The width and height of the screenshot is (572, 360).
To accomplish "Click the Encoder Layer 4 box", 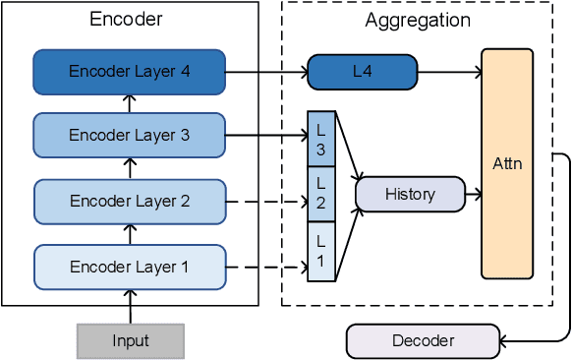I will coord(130,71).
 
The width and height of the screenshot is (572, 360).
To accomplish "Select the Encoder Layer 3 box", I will coord(130,136).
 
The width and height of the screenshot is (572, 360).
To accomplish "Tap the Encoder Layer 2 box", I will coord(130,202).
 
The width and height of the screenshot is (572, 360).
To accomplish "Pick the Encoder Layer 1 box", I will coord(130,266).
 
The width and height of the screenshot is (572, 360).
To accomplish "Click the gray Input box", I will coord(130,340).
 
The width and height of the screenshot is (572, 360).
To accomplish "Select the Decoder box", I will coord(423,340).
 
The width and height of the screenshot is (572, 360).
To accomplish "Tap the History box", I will coord(409,195).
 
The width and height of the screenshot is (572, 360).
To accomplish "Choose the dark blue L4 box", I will coord(362,71).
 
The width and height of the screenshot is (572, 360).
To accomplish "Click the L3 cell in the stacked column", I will coord(321,139).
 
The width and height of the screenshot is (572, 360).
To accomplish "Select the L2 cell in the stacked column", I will coord(321,194).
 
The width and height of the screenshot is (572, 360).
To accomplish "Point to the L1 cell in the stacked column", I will coord(321,252).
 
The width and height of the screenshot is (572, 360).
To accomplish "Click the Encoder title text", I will coord(126,20).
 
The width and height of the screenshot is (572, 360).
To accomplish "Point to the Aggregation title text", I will coord(417,20).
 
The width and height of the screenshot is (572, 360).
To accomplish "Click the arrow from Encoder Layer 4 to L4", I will coord(266,71).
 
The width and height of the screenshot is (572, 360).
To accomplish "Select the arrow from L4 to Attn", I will coord(449,71).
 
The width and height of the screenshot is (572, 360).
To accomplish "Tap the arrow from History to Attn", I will coord(473,195).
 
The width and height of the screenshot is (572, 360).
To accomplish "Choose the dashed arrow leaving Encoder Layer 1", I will coord(266,267).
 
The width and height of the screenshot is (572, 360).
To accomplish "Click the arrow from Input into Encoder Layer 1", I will coord(130,307).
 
